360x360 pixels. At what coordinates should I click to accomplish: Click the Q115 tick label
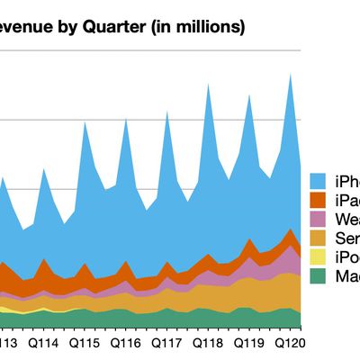click(85, 343)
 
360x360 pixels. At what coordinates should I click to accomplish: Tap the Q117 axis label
click(167, 343)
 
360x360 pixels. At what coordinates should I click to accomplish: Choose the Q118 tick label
click(209, 343)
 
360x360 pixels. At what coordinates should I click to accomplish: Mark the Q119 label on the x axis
click(249, 343)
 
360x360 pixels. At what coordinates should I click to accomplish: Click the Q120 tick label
click(291, 343)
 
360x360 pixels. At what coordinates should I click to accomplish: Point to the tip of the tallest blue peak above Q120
click(291, 74)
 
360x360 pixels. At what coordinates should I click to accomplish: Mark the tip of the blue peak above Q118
click(209, 82)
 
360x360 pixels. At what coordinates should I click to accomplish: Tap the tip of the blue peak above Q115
click(85, 121)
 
